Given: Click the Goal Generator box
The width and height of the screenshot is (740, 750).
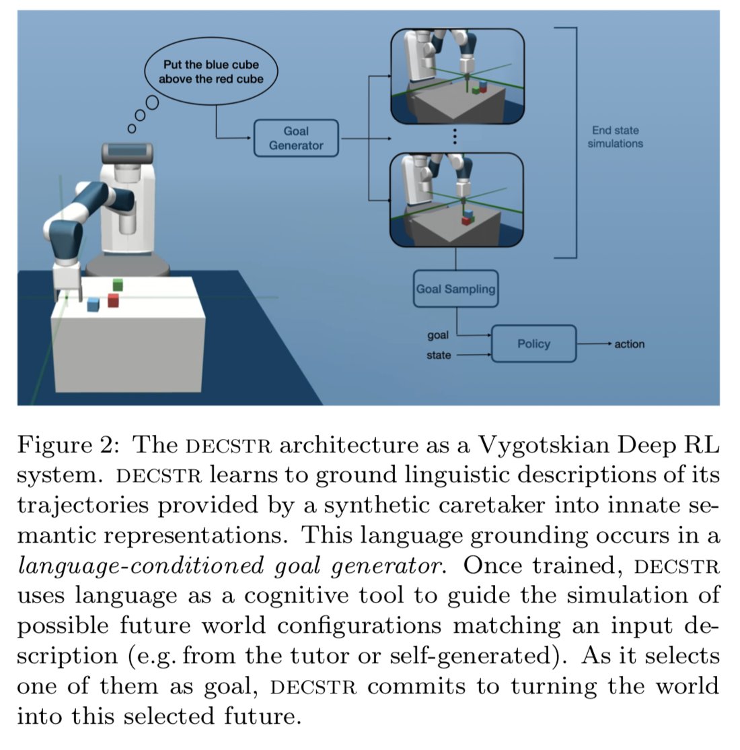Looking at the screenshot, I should click(x=296, y=138).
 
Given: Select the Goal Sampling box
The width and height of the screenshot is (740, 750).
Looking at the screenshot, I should click(x=455, y=289).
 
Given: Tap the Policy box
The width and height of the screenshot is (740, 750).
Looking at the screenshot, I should click(x=533, y=343).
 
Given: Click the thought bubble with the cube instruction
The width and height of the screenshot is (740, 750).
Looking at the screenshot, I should click(x=211, y=71).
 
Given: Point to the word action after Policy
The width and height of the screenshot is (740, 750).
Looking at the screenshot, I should click(x=629, y=344).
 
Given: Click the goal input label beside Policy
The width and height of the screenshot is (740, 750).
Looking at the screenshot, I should click(x=438, y=335).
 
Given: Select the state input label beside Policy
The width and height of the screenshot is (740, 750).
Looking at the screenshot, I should click(x=439, y=355).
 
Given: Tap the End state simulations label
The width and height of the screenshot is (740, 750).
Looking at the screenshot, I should click(x=615, y=137).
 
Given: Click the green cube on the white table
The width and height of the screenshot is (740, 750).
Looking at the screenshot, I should click(x=118, y=284).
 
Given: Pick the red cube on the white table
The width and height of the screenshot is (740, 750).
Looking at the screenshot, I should click(x=113, y=300).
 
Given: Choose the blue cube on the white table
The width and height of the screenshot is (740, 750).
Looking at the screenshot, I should click(x=93, y=304).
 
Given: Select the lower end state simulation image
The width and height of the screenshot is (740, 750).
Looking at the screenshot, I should click(x=457, y=199).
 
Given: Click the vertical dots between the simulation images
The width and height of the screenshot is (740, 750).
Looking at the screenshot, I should click(x=455, y=137).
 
